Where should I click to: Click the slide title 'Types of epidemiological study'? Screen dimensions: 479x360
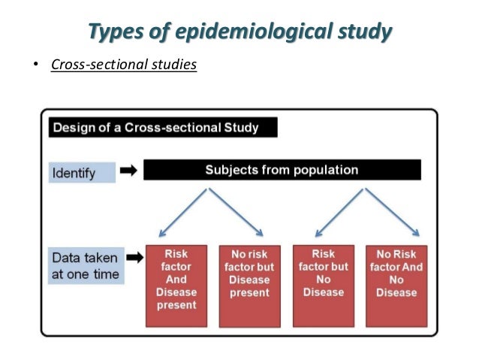click(x=239, y=32)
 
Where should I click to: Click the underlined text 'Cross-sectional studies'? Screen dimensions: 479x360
click(x=124, y=65)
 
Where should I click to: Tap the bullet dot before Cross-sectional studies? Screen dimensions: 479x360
click(x=34, y=66)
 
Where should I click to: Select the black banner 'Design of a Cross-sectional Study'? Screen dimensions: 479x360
click(x=163, y=128)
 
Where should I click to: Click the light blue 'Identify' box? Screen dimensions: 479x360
click(x=83, y=173)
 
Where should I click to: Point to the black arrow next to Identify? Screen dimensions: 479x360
click(x=128, y=171)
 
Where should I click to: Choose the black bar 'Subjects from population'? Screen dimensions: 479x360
click(x=282, y=170)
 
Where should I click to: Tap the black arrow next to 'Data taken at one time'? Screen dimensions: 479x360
click(x=134, y=258)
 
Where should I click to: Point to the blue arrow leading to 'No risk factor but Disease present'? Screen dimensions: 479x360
click(x=236, y=212)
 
